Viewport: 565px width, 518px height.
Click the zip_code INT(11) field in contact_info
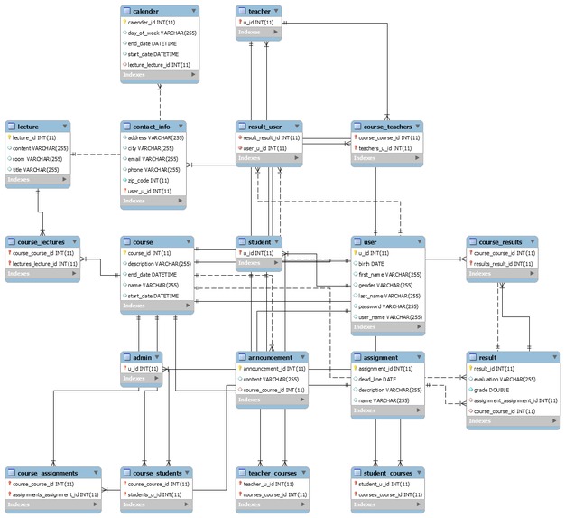point(150,180)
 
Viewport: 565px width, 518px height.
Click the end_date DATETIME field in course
point(152,274)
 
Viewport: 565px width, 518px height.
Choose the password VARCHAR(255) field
point(389,306)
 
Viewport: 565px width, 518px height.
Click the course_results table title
point(501,242)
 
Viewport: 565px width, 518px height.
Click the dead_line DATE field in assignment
point(380,379)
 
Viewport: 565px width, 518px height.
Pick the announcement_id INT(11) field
point(274,368)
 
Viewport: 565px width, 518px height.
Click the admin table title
point(141,357)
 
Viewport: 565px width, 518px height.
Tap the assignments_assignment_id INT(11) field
point(55,494)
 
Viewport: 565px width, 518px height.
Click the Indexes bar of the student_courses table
point(386,504)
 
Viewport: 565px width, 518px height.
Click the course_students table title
point(157,473)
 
